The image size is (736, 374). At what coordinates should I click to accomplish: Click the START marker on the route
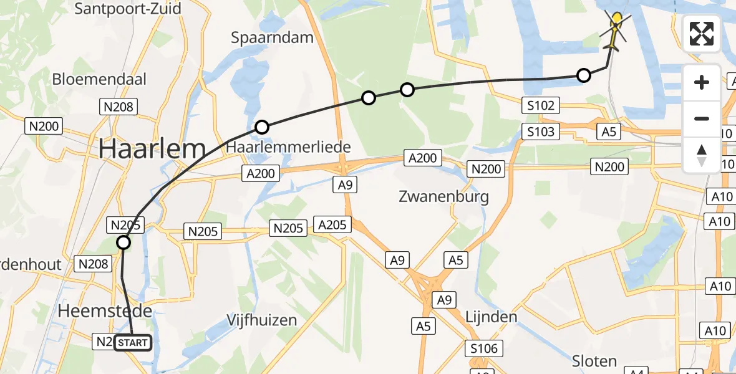pos(133,342)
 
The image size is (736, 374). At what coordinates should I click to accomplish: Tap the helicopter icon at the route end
pos(615,31)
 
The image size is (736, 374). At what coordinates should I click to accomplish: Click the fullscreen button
pos(702,34)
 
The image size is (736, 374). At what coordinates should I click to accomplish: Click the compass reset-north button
pos(702,155)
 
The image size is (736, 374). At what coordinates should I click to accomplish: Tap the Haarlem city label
pos(152,149)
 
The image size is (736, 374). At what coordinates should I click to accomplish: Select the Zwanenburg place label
pos(443,197)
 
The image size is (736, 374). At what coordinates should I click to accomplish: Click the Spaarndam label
pos(272,37)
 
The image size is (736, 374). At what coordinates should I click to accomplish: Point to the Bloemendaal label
pos(99,79)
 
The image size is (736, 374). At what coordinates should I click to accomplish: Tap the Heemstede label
pos(105,310)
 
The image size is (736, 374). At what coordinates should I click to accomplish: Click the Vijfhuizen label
pos(261,320)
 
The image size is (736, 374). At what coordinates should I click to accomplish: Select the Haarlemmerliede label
pos(289,147)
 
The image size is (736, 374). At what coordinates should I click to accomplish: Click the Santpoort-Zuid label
pos(128,9)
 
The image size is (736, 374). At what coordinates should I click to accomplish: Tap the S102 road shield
pos(540,105)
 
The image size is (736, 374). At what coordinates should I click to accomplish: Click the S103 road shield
pos(540,132)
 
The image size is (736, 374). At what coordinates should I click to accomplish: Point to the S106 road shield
pos(485,348)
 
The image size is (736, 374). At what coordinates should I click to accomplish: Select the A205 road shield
pos(332,224)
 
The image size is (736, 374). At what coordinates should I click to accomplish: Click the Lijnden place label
pos(491,317)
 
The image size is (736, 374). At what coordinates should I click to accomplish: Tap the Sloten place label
pos(594,361)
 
